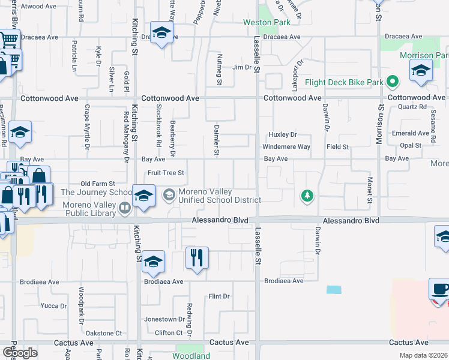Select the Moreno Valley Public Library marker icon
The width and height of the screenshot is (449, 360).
tap(125, 208)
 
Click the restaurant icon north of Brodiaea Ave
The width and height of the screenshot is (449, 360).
tap(197, 258)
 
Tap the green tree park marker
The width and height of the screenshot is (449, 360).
tap(307, 196)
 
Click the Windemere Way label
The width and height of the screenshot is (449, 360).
tap(286, 147)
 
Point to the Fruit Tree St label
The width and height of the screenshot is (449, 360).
tap(166, 173)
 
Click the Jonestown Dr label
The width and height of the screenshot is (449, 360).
tap(164, 319)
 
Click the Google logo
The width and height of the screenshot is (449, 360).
tap(20, 352)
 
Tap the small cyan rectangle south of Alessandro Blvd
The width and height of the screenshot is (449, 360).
tap(334, 290)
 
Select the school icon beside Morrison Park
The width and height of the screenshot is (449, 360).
tap(421, 70)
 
